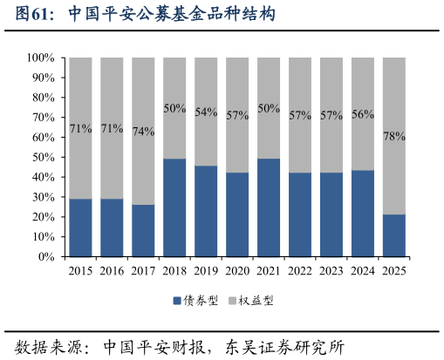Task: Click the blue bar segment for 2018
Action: [x=174, y=207]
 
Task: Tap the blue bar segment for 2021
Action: [x=269, y=207]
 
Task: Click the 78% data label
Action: [x=394, y=137]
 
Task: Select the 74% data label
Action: [x=143, y=132]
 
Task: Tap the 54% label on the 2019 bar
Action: [x=206, y=112]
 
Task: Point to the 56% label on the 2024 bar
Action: [x=363, y=114]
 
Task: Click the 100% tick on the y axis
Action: [x=41, y=58]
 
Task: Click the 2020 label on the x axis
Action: [x=237, y=271]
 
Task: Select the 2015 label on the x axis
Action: [x=80, y=271]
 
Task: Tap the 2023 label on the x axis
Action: [x=331, y=271]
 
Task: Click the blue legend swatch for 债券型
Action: [x=177, y=301]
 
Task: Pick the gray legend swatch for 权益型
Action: [x=233, y=301]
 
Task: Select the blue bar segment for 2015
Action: [x=80, y=228]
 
